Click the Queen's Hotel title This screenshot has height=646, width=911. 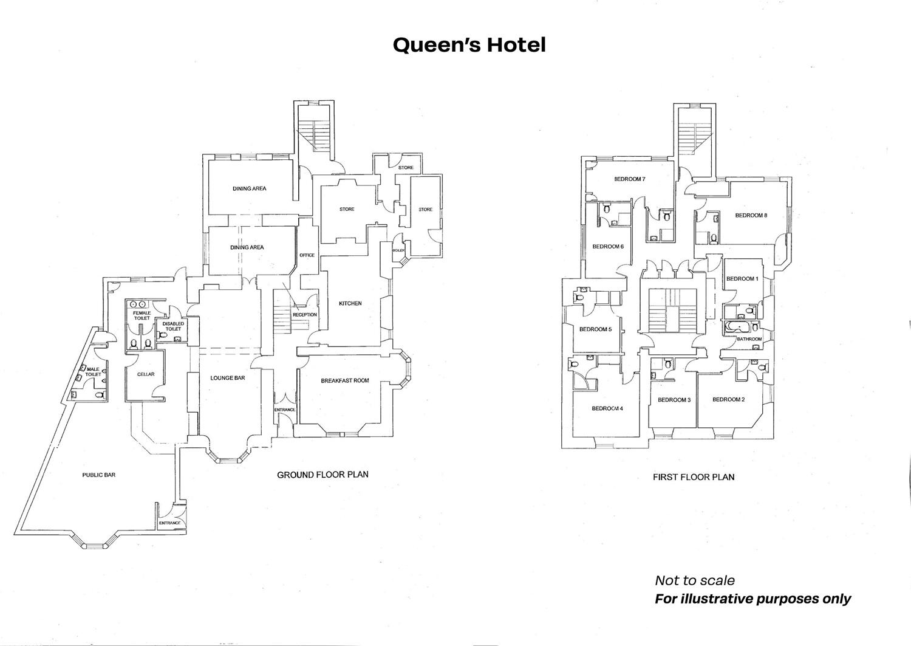click(x=469, y=45)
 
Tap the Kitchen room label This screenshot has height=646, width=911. click(x=350, y=303)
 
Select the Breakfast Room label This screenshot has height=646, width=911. click(x=345, y=381)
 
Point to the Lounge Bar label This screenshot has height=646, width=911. click(x=228, y=378)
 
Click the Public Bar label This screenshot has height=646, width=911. click(x=99, y=475)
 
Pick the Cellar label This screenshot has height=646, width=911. click(x=146, y=374)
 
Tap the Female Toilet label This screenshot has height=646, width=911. click(x=142, y=315)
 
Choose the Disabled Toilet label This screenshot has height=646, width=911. click(x=173, y=326)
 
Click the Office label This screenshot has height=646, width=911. click(x=307, y=255)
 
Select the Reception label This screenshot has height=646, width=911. click(x=305, y=315)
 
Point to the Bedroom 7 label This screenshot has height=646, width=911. click(x=629, y=179)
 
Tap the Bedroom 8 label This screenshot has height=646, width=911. click(x=751, y=215)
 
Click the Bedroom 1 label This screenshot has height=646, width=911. click(x=742, y=279)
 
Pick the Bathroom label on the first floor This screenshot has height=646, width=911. click(x=749, y=339)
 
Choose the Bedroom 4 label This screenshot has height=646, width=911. click(x=607, y=409)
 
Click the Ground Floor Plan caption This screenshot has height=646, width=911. click(x=322, y=475)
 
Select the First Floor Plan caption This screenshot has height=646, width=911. click(x=694, y=478)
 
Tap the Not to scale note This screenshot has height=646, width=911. click(x=694, y=580)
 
